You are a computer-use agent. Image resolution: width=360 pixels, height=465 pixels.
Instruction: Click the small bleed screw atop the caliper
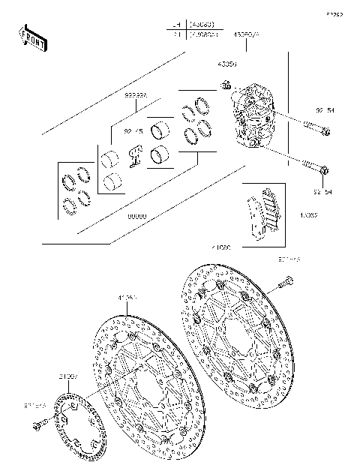[x=223, y=85]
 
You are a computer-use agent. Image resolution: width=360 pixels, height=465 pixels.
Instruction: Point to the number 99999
[x=136, y=216]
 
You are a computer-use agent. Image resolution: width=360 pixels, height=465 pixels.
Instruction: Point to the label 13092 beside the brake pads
[x=309, y=216]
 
